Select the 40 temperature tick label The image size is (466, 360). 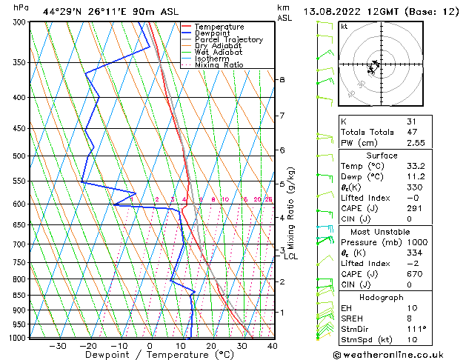(273, 346)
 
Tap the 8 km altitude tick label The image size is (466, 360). (282, 79)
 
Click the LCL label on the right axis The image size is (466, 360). (291, 257)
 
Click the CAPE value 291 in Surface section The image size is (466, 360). (414, 208)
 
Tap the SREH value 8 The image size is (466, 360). (409, 318)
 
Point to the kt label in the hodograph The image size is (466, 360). (344, 26)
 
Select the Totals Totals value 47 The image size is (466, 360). (411, 133)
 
